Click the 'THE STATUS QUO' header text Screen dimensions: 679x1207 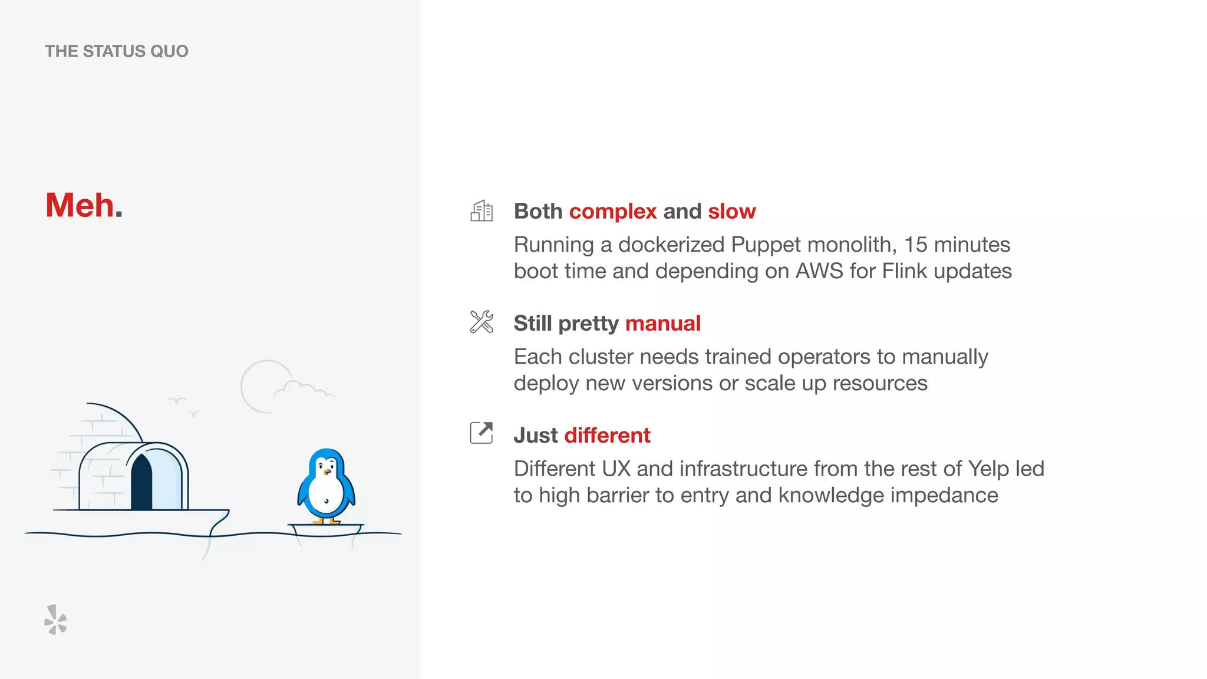117,51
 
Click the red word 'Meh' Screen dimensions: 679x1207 80,205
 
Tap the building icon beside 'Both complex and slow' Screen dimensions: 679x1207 482,210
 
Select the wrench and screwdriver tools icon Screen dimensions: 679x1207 482,322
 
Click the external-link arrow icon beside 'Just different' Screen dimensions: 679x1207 482,433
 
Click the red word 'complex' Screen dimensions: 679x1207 613,211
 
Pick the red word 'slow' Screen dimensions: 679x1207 731,211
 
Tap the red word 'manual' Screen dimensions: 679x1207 662,323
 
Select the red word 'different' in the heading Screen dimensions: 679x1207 607,435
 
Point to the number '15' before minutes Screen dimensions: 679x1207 915,245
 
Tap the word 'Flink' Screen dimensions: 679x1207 905,271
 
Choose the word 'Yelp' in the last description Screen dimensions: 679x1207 988,469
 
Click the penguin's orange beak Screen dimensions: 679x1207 326,472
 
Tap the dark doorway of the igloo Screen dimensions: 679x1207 141,483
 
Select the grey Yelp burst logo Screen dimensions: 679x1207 55,620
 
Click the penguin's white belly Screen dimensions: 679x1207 325,492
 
